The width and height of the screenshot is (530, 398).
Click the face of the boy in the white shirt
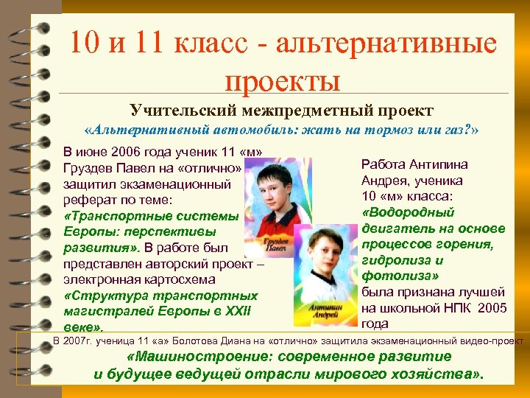click(322, 254)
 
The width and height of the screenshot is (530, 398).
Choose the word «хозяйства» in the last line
click(439, 374)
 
